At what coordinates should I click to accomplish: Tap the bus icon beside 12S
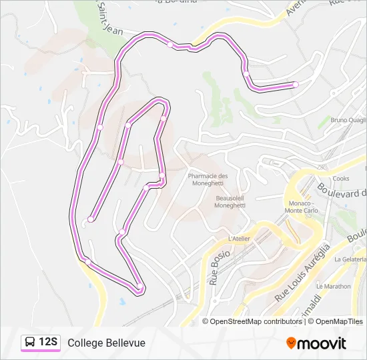[30, 343]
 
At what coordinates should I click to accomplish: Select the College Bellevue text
[106, 343]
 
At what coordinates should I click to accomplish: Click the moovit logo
[316, 343]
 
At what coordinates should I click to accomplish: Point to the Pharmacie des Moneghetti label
[208, 180]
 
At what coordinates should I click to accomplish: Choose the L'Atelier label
[238, 239]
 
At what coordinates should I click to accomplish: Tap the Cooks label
[341, 179]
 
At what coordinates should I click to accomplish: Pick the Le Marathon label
[333, 286]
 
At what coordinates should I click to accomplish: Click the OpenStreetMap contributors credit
[256, 321]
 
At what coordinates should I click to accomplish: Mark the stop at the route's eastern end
[295, 84]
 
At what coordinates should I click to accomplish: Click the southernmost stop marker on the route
[139, 288]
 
